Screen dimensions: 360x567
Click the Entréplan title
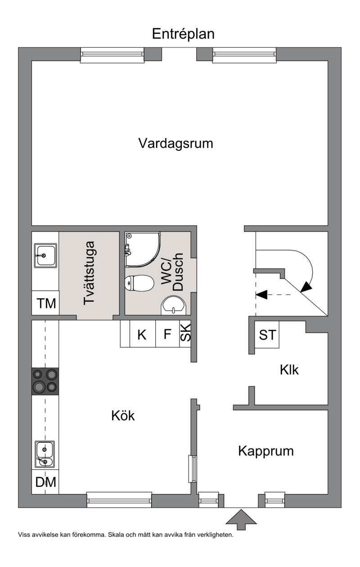click(x=183, y=34)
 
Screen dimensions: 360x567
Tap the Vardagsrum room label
click(x=175, y=144)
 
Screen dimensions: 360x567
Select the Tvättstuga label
click(x=89, y=273)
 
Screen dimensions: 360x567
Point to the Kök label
click(x=123, y=416)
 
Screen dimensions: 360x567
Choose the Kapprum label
click(x=266, y=452)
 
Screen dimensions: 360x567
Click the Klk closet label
click(x=289, y=370)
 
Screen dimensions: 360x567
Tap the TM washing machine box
click(x=45, y=303)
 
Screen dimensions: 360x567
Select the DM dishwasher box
click(x=45, y=482)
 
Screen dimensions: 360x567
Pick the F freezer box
click(x=167, y=334)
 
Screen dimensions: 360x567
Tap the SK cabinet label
click(x=185, y=333)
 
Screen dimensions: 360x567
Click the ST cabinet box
click(x=267, y=335)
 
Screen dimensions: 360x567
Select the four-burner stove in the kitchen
click(x=45, y=381)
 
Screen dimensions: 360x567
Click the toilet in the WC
click(x=139, y=283)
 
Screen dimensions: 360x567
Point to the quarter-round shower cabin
click(x=143, y=249)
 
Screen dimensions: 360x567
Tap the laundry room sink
click(x=45, y=255)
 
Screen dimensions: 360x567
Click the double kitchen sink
click(x=45, y=454)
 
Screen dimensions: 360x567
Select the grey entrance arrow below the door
click(x=241, y=520)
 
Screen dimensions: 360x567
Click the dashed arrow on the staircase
click(x=273, y=295)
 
